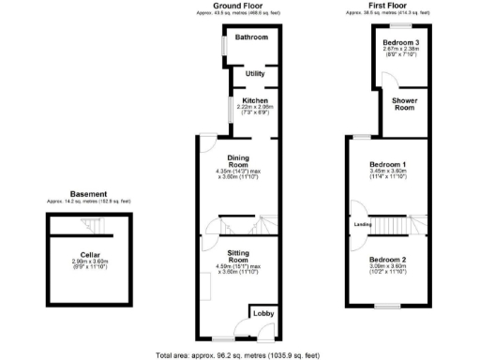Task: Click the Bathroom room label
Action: click(x=251, y=37)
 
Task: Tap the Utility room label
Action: click(x=254, y=73)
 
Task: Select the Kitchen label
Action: click(x=255, y=100)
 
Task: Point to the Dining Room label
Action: click(x=237, y=160)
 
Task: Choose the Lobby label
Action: click(x=262, y=314)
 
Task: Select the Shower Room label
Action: click(x=403, y=104)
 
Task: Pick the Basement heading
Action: click(x=89, y=194)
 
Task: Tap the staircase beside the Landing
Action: click(x=395, y=224)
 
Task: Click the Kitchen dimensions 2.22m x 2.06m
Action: click(x=255, y=110)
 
